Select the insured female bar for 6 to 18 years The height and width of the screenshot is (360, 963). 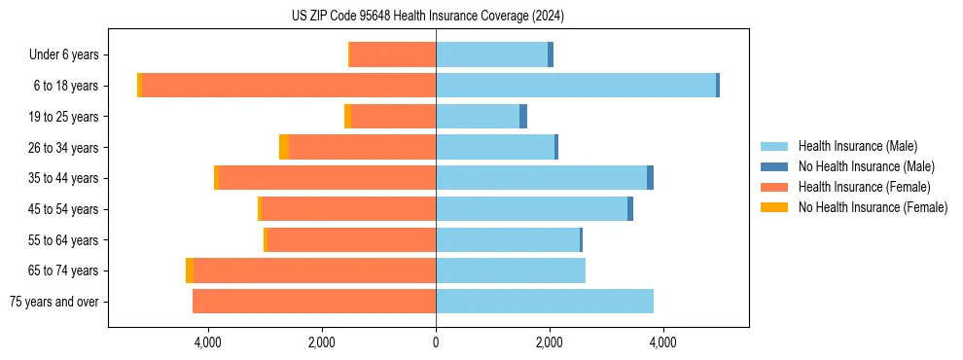(x=289, y=86)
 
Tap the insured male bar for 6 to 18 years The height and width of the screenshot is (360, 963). (x=576, y=86)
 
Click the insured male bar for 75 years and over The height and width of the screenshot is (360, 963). (x=545, y=302)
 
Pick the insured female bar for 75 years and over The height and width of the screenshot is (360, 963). (x=314, y=302)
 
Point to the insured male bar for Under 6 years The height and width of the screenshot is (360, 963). (x=491, y=54)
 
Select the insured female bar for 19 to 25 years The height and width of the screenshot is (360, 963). (x=394, y=117)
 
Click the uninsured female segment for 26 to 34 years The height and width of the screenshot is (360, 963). (x=284, y=147)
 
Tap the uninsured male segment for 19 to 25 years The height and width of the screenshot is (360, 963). (x=523, y=117)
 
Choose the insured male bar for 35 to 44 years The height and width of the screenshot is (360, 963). (x=541, y=178)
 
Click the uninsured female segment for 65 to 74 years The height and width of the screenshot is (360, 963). (x=190, y=270)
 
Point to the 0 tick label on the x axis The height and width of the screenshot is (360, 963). (x=436, y=342)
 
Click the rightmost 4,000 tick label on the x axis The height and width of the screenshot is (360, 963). (x=663, y=342)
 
